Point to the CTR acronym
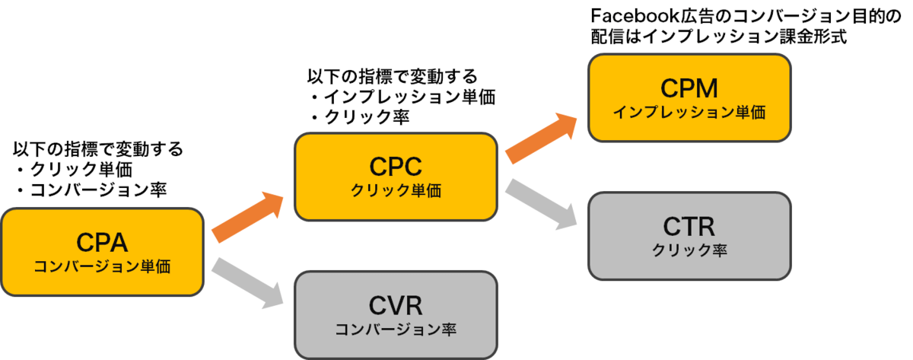[x=689, y=226]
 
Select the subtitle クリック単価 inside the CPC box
[x=395, y=190]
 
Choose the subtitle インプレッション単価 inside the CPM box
[x=689, y=112]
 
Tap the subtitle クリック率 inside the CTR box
[x=689, y=250]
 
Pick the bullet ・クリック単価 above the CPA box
[x=72, y=169]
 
